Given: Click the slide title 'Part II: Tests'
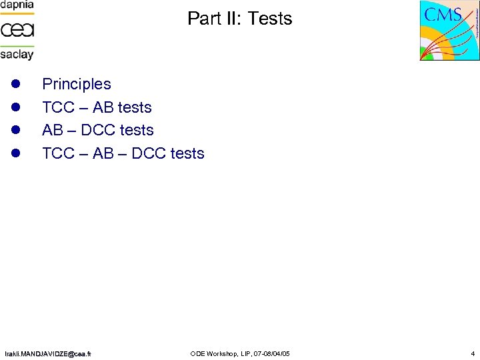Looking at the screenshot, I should pos(240,19).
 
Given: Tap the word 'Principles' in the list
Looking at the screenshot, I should pos(77,84).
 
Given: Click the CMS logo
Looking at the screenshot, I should pos(449,31).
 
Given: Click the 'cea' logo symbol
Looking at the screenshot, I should pos(17,30).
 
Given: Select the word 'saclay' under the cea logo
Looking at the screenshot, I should pos(17,54).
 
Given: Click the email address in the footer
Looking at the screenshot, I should pos(48,353).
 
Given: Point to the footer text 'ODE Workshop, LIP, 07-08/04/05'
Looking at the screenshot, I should pos(240,353).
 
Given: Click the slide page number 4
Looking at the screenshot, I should pos(472,353).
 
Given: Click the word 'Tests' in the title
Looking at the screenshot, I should pos(270,19).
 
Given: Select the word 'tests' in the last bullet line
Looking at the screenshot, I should pos(187,153).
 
